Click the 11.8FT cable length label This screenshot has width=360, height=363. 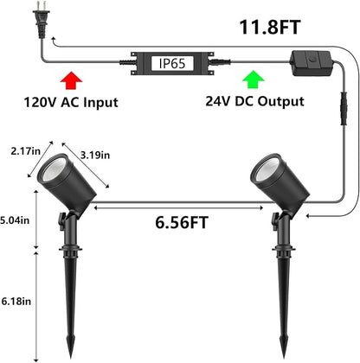[x=270, y=27]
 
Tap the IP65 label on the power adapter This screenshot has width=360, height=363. [x=172, y=63]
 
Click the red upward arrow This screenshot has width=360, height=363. [x=71, y=80]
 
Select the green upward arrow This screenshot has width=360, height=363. [x=254, y=80]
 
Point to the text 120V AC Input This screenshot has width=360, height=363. [x=71, y=102]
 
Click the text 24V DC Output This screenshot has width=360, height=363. [x=254, y=101]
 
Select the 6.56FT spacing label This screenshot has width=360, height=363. [x=182, y=222]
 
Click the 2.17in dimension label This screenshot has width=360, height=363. [x=26, y=151]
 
